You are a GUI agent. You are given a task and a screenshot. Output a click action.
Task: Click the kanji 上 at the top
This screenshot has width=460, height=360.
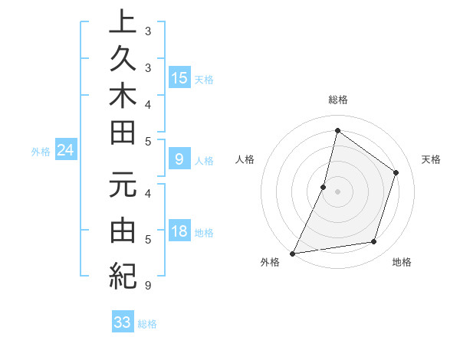[x=123, y=22]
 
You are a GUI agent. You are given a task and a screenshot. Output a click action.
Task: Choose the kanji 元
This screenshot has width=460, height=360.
[x=123, y=185]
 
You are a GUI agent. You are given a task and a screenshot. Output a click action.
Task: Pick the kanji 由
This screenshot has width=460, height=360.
[x=123, y=229]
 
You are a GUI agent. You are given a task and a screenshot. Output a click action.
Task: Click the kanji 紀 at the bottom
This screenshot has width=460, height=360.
[x=123, y=274]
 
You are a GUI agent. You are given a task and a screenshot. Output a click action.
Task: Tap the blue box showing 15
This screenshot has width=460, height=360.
[x=179, y=77]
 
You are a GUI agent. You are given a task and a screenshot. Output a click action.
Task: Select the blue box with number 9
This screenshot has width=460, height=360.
[x=179, y=159]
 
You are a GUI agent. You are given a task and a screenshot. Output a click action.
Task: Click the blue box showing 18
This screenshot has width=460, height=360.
[x=179, y=231]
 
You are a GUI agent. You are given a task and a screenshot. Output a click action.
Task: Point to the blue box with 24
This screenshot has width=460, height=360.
[x=66, y=151]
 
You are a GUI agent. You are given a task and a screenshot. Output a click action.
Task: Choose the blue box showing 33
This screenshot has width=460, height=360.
[x=123, y=322]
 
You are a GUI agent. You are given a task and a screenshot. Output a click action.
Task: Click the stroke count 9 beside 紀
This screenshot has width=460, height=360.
[x=146, y=286]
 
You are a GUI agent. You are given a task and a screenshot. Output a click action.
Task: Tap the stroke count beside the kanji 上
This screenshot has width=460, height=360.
[x=147, y=32]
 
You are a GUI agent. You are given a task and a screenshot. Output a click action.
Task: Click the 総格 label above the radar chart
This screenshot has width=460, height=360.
[x=337, y=100]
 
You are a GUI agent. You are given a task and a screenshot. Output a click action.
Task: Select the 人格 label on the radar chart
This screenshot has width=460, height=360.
[x=245, y=159]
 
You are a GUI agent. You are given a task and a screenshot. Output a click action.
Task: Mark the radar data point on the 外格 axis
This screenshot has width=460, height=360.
[x=292, y=253]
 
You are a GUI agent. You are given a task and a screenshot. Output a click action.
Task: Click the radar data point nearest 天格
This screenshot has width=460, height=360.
[x=396, y=172]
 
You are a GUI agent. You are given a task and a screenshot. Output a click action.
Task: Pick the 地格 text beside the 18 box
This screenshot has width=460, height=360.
[x=205, y=233]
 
